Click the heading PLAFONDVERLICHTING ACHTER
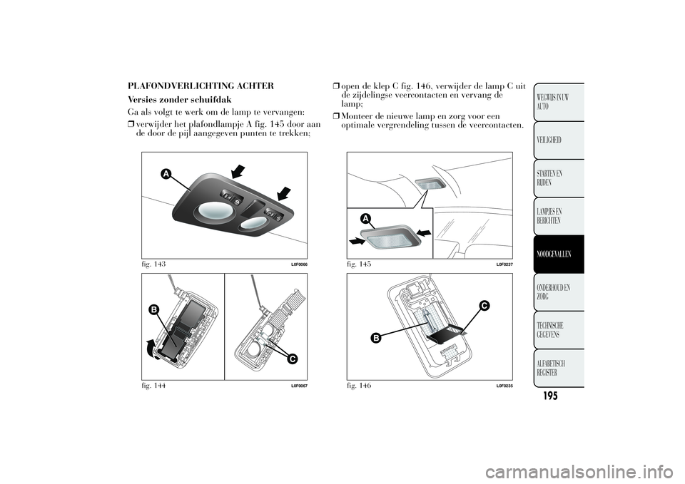[201, 86]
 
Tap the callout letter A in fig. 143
[165, 174]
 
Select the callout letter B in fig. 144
[153, 309]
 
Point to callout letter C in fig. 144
[292, 359]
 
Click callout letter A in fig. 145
[365, 218]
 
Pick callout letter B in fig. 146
[375, 337]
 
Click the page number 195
[550, 396]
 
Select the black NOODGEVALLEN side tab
[559, 254]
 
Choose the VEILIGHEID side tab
[559, 140]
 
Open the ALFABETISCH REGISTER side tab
[559, 368]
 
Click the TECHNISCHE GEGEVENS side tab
[559, 330]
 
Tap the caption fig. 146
[359, 386]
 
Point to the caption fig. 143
[153, 264]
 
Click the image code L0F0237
[504, 264]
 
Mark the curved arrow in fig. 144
[149, 349]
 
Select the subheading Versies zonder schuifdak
[180, 100]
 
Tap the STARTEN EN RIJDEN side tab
[559, 178]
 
